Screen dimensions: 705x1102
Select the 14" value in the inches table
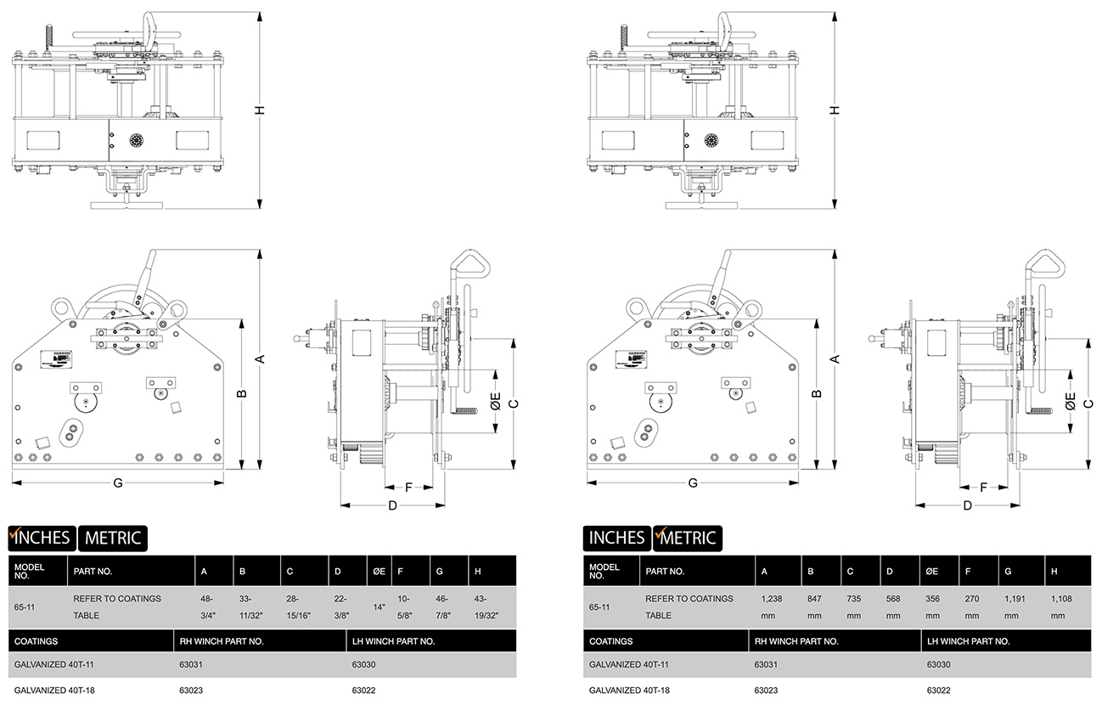[x=379, y=607]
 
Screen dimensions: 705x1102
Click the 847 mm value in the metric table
[x=815, y=606]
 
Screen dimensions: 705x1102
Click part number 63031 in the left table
[x=193, y=665]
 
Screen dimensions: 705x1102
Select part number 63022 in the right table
[x=939, y=690]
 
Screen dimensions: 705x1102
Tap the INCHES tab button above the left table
[x=42, y=537]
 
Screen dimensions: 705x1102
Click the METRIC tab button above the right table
[x=689, y=537]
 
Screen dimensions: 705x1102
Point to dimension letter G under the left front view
[x=118, y=482]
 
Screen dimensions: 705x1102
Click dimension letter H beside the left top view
[x=261, y=110]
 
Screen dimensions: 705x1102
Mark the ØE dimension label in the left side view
[x=496, y=401]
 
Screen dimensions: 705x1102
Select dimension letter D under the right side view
[x=967, y=505]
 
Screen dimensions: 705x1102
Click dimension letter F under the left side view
[x=408, y=488]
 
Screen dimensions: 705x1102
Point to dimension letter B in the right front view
[x=817, y=393]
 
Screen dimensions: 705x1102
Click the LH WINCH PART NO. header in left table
[x=392, y=641]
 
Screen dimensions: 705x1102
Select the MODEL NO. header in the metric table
[x=604, y=571]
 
